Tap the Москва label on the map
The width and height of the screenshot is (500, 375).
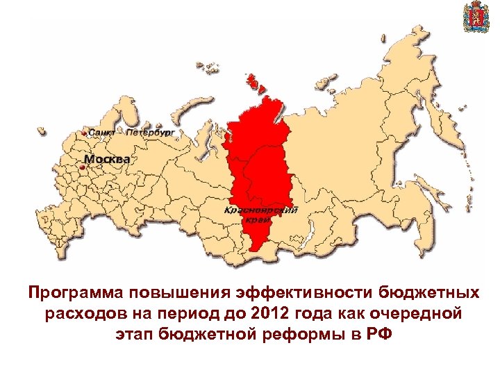pos(107,159)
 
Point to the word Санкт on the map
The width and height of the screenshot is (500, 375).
pos(103,131)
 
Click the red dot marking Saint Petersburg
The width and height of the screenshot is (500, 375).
pos(85,132)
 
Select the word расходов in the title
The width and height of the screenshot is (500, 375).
pos(79,314)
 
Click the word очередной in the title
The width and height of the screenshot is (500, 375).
pos(423,314)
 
